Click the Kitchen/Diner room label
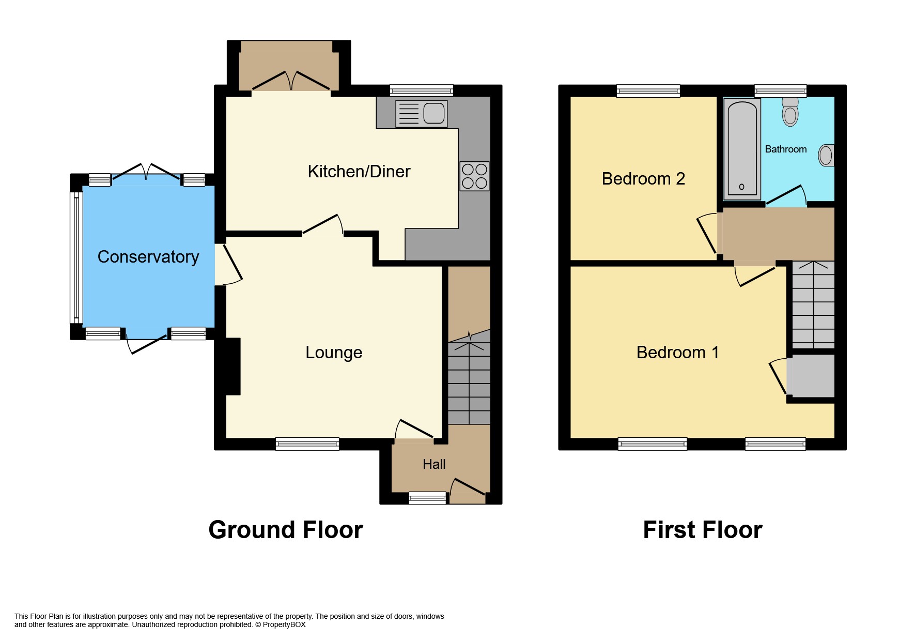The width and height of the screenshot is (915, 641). click(x=359, y=172)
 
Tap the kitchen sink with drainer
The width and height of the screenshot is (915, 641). click(x=421, y=114)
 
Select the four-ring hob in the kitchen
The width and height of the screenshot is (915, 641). click(x=474, y=176)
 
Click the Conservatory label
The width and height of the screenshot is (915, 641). click(x=148, y=257)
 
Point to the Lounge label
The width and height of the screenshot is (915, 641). click(x=334, y=353)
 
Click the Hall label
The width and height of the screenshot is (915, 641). click(x=434, y=464)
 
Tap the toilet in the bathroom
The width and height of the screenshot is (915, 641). click(x=790, y=112)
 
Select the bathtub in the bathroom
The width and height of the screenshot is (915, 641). click(x=742, y=149)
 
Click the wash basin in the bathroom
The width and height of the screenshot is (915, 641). click(x=826, y=155)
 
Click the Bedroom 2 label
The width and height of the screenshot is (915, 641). click(x=643, y=179)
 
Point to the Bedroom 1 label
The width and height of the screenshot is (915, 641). click(x=677, y=353)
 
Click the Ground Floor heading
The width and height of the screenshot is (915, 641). click(x=285, y=530)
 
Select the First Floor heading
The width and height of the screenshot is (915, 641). click(x=702, y=530)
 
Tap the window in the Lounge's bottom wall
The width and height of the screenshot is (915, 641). click(x=307, y=444)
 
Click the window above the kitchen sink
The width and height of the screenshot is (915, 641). click(x=421, y=90)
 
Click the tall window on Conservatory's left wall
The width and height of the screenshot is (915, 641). click(x=76, y=257)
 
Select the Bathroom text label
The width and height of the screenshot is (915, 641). click(x=785, y=149)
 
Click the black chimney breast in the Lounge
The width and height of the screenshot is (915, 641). click(x=232, y=366)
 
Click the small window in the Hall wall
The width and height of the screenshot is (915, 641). click(x=427, y=498)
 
